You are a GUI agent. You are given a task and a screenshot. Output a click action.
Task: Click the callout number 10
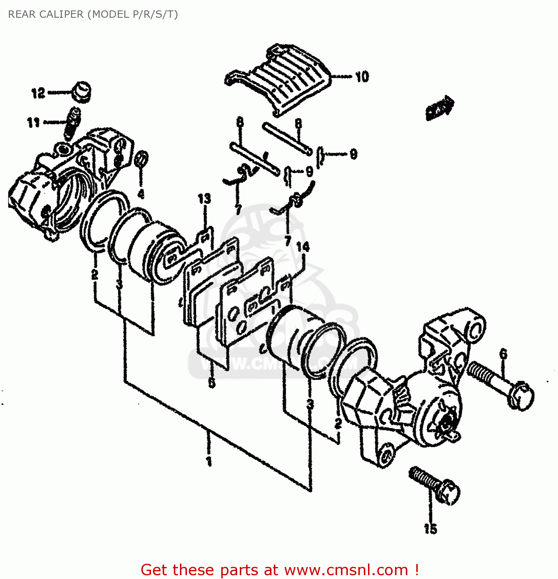(362, 77)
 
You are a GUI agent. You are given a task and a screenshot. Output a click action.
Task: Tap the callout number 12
(38, 93)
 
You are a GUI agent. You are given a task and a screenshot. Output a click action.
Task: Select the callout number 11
(33, 123)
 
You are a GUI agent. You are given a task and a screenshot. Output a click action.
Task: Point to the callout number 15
(430, 528)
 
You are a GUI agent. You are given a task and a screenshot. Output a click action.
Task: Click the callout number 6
(503, 354)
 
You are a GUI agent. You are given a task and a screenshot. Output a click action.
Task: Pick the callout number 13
(204, 199)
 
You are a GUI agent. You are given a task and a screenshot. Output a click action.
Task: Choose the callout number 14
(303, 247)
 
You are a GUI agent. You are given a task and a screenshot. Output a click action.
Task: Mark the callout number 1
(209, 461)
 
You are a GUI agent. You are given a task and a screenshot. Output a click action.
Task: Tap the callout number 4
(141, 194)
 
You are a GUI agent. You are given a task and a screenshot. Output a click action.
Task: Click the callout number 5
(212, 383)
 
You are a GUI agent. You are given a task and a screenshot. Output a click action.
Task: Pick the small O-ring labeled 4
(142, 159)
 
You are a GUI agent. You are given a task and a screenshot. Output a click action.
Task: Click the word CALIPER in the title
(63, 14)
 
